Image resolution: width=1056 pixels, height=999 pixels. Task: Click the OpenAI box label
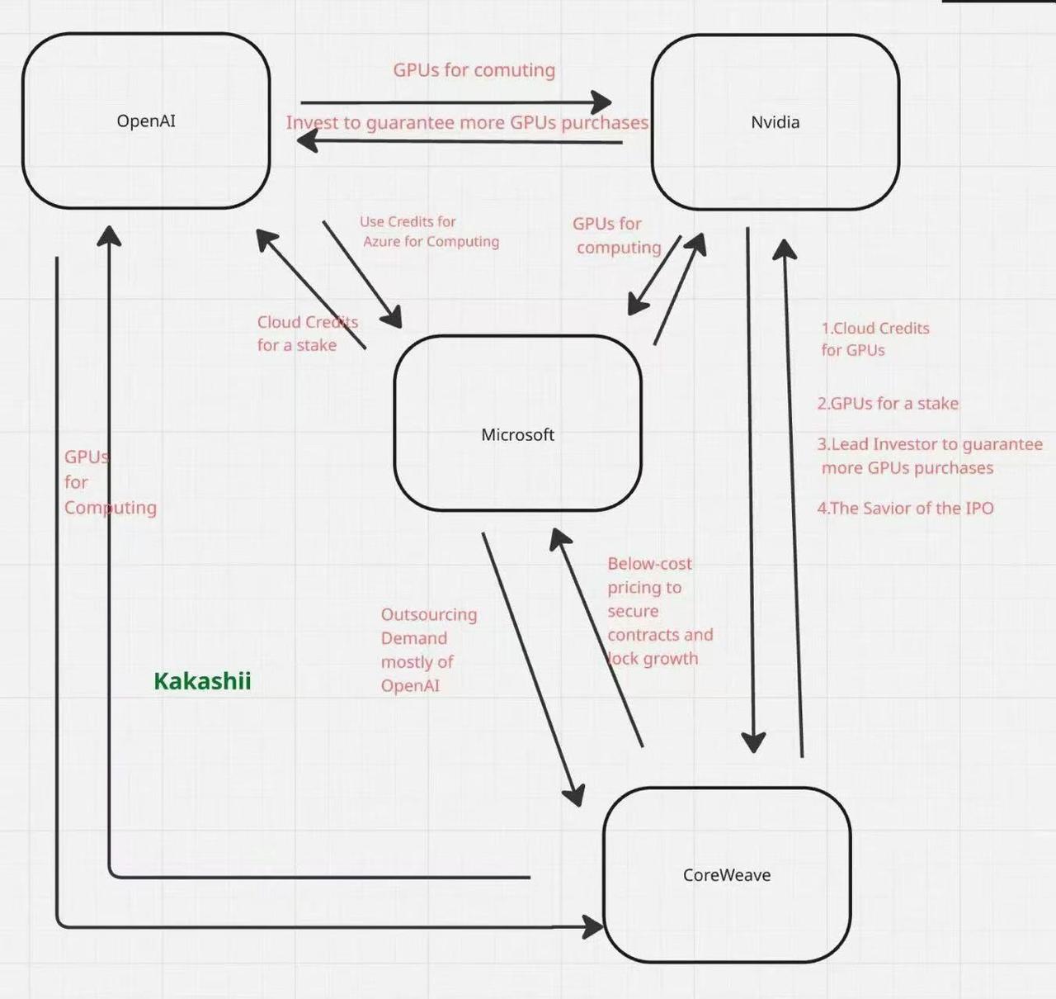[x=146, y=121]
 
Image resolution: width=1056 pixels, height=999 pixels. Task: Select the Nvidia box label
[x=775, y=122]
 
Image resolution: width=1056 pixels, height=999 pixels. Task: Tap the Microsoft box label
[x=517, y=434]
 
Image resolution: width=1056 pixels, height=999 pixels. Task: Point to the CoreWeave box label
[x=727, y=875]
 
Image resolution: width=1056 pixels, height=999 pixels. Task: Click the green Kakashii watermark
[x=202, y=680]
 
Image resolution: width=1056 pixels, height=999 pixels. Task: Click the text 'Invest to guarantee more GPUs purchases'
[x=467, y=122]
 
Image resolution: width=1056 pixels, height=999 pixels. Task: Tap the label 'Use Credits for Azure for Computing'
[x=429, y=232]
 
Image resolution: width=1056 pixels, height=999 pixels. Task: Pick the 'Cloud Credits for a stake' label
[x=307, y=334]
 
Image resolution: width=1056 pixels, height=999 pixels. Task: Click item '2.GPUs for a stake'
[x=888, y=403]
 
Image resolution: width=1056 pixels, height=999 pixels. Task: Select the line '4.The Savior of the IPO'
[x=905, y=508]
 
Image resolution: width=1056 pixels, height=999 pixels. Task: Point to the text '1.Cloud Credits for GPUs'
[x=875, y=339]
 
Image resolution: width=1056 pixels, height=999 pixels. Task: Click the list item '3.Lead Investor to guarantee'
[x=930, y=444]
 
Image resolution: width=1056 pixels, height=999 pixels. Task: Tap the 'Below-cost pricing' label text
[x=660, y=611]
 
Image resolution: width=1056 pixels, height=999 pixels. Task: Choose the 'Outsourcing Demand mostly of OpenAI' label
[x=429, y=650]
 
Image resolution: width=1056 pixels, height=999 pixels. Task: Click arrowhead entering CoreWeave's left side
[x=593, y=927]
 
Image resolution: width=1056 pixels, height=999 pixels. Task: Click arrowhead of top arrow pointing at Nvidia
[x=601, y=102]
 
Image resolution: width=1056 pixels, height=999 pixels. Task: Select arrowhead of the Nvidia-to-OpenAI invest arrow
[x=307, y=141]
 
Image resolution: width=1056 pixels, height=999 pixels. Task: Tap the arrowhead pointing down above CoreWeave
[x=753, y=742]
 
